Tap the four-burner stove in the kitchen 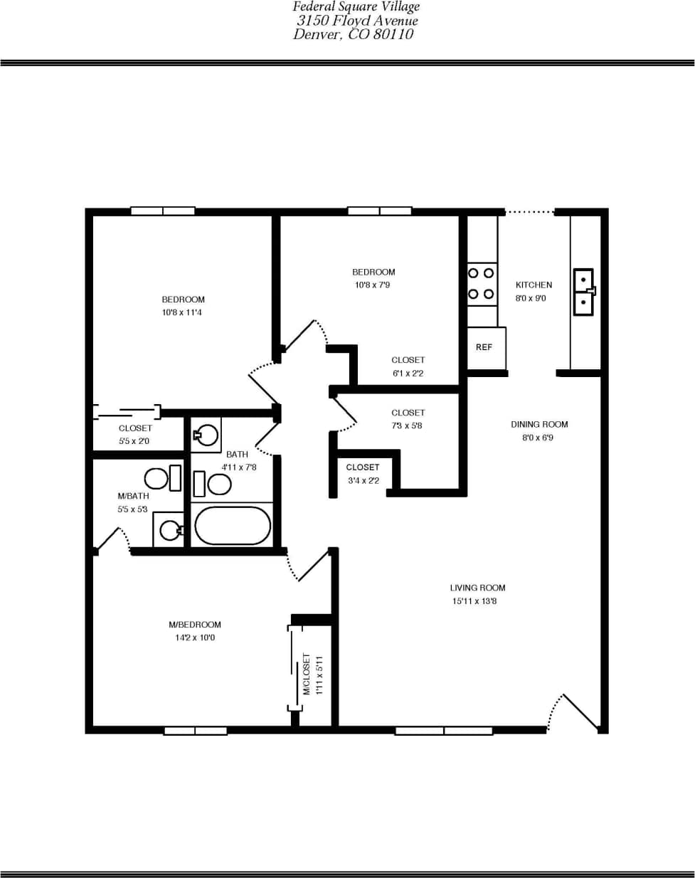[x=482, y=284]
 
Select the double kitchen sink [x=583, y=292]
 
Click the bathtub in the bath [x=233, y=526]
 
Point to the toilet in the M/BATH [x=163, y=478]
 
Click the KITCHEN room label [x=534, y=285]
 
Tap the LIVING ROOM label [x=477, y=588]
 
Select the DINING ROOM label [x=539, y=424]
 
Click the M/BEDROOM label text [x=195, y=625]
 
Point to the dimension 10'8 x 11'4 [x=182, y=312]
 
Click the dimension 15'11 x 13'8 [x=474, y=601]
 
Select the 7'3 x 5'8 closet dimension [x=408, y=425]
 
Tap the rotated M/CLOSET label [x=307, y=674]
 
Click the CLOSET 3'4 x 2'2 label [x=363, y=474]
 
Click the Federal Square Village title [x=356, y=6]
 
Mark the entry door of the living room [x=580, y=712]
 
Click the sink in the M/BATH [x=169, y=529]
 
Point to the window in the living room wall [x=444, y=731]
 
